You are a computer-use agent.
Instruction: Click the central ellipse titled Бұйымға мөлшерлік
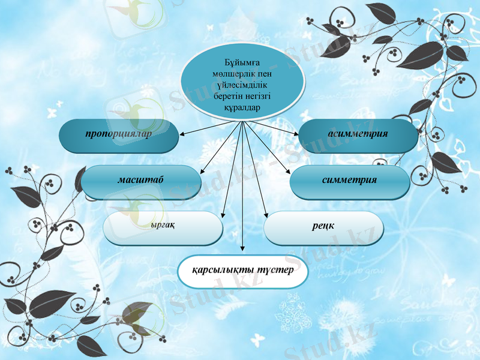[242, 80]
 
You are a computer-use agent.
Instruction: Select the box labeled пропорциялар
[119, 135]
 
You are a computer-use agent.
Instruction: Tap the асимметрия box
[358, 135]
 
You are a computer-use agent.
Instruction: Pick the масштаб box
[141, 181]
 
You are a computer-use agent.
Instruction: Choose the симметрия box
[350, 181]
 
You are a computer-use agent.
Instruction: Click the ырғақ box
[163, 227]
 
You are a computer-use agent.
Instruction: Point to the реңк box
[323, 227]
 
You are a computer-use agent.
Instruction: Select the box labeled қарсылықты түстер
[243, 271]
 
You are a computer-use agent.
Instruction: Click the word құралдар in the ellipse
[242, 107]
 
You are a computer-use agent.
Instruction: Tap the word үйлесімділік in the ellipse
[242, 85]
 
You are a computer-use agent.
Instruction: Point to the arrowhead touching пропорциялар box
[181, 133]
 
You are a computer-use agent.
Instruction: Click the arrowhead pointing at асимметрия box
[296, 133]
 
